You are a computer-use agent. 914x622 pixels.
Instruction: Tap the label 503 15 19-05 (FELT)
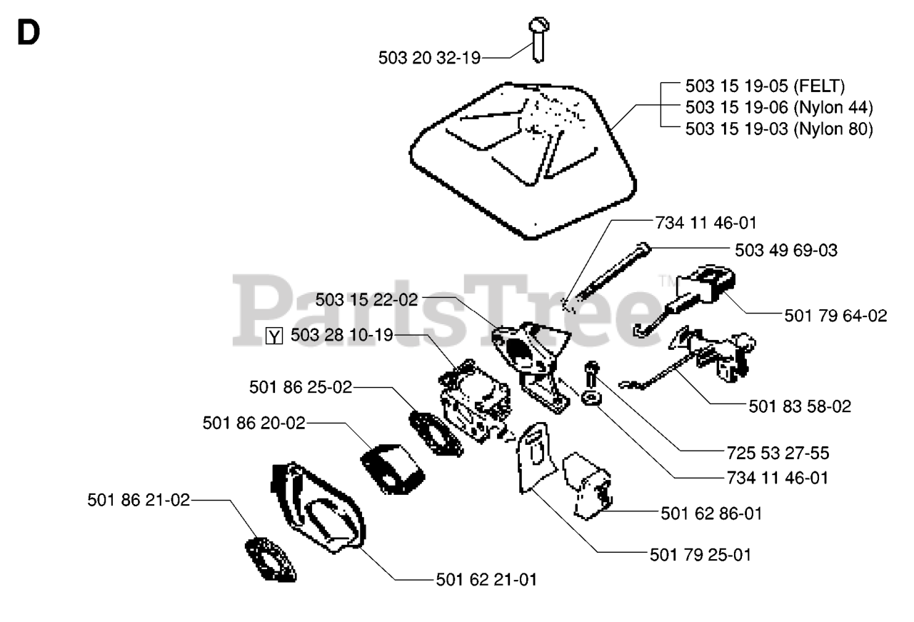[764, 87]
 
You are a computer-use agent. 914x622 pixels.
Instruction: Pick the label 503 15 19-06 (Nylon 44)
[778, 109]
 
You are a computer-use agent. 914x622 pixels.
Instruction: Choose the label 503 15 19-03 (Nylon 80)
[778, 130]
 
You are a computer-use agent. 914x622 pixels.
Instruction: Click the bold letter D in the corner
[28, 34]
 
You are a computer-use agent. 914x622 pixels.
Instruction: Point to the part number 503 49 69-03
[786, 251]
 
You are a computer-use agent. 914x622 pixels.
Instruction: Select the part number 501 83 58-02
[800, 406]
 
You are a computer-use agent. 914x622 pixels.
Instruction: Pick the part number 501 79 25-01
[700, 554]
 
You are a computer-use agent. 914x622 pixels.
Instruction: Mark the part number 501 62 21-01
[486, 579]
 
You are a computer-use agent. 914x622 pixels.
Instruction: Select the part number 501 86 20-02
[253, 423]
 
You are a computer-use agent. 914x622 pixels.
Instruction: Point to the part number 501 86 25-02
[301, 387]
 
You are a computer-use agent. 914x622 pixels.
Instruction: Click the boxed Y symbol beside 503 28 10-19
[273, 335]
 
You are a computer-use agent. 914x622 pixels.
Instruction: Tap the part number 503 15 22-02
[366, 300]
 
